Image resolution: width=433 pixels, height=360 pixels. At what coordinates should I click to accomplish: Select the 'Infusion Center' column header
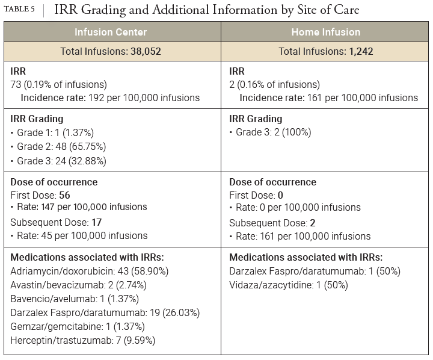tap(111, 32)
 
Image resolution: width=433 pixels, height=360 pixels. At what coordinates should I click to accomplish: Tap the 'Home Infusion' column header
tap(325, 32)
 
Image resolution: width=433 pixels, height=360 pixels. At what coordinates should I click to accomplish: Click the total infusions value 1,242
tap(361, 51)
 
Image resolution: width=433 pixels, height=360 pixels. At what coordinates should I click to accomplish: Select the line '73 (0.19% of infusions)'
tap(59, 84)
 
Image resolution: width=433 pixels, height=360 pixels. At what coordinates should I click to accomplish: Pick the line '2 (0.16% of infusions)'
tap(275, 84)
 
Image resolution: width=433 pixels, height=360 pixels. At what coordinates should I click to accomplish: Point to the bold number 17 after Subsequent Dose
tap(96, 222)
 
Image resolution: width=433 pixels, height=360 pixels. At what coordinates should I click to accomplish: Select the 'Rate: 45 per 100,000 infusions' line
tap(82, 235)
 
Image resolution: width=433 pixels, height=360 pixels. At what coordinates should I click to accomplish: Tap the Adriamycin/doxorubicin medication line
tap(90, 271)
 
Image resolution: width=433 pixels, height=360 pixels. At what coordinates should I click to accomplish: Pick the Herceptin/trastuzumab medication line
tap(83, 341)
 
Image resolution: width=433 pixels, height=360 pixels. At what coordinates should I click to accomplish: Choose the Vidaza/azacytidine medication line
tap(289, 285)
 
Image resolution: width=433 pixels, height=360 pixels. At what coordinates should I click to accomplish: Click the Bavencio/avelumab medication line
tap(75, 299)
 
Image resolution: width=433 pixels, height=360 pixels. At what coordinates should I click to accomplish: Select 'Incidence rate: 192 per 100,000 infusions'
tap(110, 98)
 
